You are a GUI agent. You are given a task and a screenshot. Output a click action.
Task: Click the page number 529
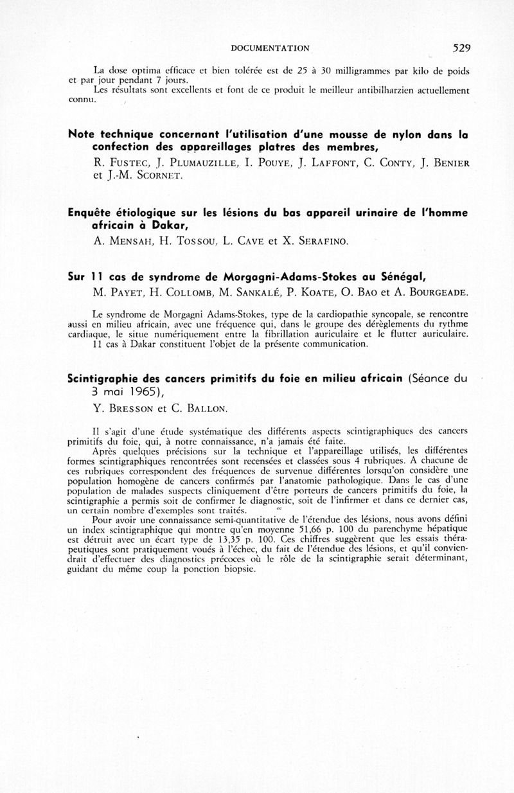pos(462,48)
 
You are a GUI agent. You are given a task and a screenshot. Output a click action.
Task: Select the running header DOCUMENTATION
pos(270,48)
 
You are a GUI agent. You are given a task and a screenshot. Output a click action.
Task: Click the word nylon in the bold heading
pos(377,135)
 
